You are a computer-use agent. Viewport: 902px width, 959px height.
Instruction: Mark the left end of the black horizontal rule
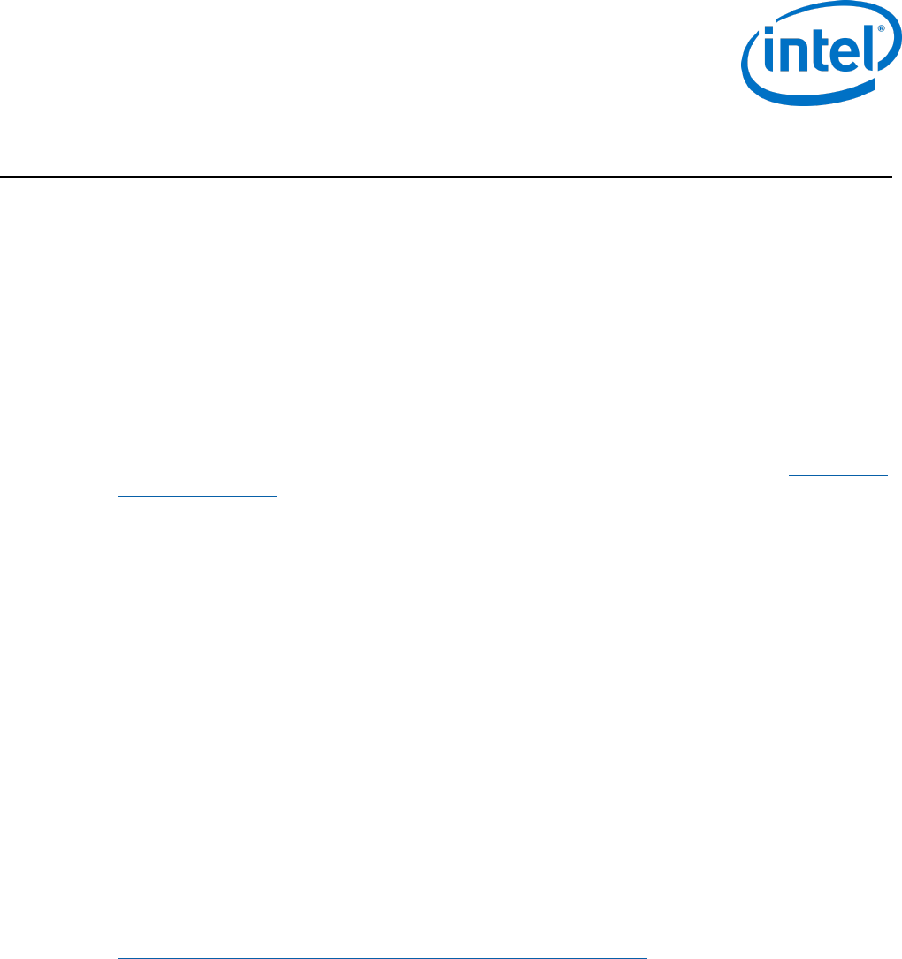tap(2, 178)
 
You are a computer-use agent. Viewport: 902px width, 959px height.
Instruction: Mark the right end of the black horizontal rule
tap(890, 178)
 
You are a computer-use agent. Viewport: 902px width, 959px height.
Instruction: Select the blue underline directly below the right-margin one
tap(197, 496)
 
